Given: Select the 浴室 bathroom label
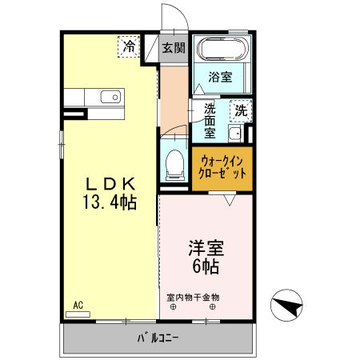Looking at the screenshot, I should pos(220,78).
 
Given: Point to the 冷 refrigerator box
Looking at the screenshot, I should pos(129,46).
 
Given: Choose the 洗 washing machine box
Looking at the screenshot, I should pos(240,110).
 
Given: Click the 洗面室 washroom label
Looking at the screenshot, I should pos(210,121).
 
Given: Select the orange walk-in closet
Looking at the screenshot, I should pos(219,166).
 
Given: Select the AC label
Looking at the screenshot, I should pos(78,305).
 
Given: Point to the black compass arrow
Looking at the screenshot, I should pos(289,305).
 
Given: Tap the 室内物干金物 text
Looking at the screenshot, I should pos(193,297).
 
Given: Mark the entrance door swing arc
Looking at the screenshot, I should pos(172,18).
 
